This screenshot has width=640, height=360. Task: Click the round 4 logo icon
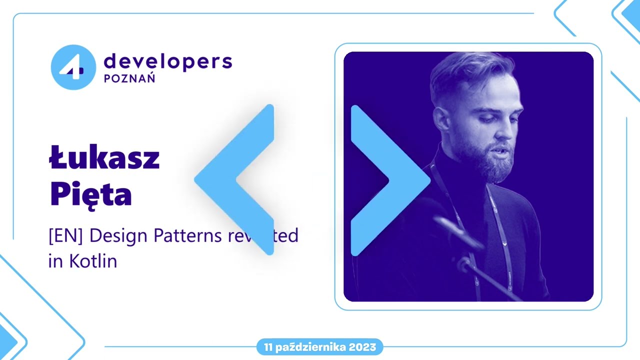coord(73,67)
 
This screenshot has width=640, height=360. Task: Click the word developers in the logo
coord(167,61)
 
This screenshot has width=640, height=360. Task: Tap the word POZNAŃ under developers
coord(129,78)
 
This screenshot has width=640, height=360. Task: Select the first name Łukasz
coord(104,158)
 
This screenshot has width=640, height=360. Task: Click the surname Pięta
coord(91,196)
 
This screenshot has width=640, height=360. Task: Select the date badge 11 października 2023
coord(320,347)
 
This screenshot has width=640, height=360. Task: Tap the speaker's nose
coord(505,131)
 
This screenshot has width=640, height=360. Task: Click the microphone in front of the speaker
coord(457,232)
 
